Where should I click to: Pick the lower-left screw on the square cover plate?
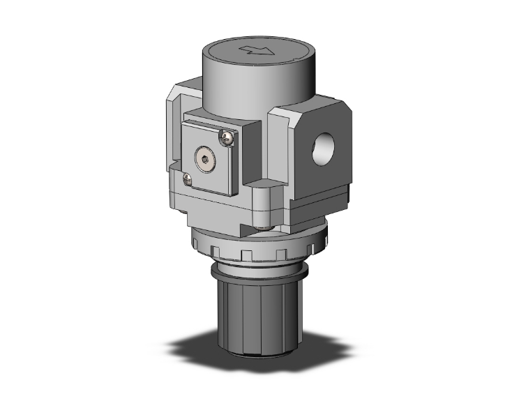point(186,180)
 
